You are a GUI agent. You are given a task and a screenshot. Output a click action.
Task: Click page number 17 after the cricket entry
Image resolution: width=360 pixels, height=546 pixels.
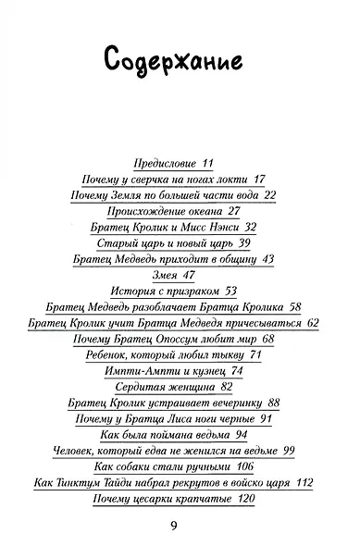(x=232, y=179)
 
